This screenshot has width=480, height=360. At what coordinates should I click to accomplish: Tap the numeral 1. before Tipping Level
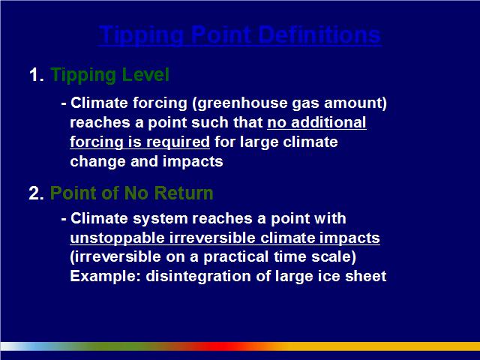(37, 75)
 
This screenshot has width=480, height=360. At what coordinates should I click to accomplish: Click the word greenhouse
(240, 103)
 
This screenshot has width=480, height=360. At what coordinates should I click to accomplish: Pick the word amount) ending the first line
(355, 103)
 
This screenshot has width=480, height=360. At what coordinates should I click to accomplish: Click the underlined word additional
(328, 122)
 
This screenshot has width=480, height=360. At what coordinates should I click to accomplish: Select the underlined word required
(178, 142)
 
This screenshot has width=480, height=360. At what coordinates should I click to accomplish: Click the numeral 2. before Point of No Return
(36, 193)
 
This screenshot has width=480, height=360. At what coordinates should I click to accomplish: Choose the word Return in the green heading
(184, 193)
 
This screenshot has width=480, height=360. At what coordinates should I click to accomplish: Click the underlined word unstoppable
(117, 238)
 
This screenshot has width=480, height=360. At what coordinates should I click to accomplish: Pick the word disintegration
(198, 277)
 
